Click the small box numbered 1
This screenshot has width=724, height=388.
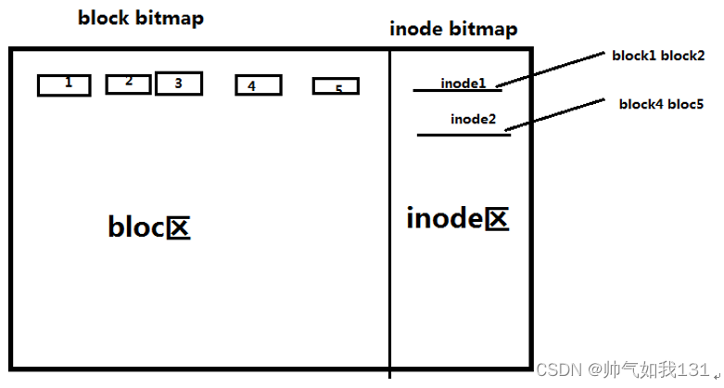64,85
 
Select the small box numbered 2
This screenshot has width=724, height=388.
128,84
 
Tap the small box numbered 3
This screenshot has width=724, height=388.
179,84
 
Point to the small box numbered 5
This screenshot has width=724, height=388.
336,87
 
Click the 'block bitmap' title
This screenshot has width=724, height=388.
141,18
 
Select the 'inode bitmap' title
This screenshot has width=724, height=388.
453,30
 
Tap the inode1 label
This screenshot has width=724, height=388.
463,84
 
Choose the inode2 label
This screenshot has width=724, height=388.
473,119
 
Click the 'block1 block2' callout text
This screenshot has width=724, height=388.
658,56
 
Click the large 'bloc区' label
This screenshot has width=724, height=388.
149,227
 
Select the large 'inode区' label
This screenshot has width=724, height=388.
458,219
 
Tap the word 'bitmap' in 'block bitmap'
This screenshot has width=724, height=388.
171,18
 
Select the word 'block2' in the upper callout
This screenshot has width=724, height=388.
684,56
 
